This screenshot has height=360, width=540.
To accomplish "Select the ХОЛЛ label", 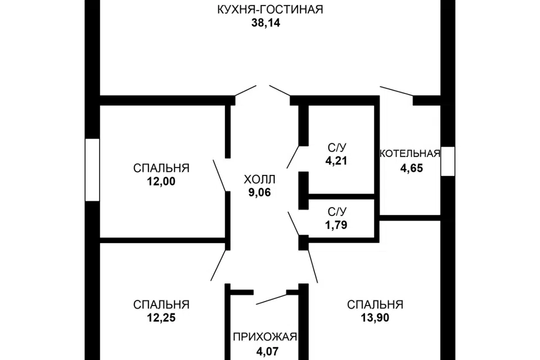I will point(260,179).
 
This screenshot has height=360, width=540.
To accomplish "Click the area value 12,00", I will point(161,182).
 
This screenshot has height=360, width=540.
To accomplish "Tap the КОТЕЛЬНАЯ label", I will point(410,154).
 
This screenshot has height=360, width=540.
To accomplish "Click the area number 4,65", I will point(411,168).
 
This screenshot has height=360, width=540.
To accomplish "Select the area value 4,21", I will point(336,161).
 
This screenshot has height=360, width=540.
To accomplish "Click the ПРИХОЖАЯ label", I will point(264,337).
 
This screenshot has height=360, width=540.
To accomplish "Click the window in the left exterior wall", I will point(92,169).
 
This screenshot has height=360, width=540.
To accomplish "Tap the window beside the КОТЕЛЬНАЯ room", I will point(447,161).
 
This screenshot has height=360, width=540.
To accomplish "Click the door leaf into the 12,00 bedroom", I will point(220,175).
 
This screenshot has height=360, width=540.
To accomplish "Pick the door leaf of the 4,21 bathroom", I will point(295,155).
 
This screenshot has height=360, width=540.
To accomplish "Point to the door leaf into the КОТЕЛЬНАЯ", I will point(397,91).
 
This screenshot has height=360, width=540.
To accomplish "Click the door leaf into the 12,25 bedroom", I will point(219,265).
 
